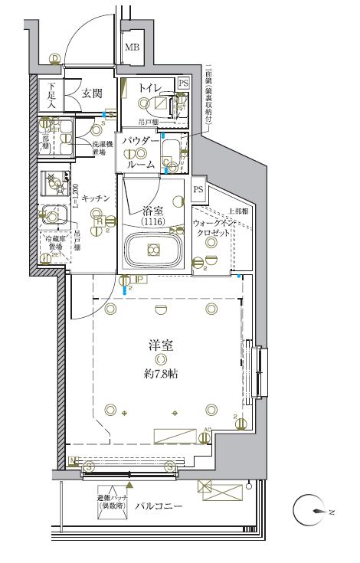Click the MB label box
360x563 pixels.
pyautogui.click(x=133, y=48)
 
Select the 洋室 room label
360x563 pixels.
pyautogui.click(x=159, y=345)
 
